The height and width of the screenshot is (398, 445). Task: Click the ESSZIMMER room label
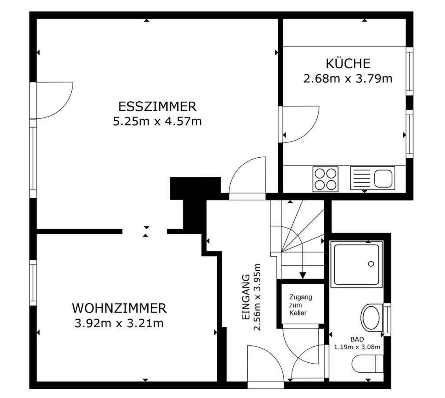click(157, 106)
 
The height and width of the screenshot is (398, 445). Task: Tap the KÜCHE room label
click(348, 63)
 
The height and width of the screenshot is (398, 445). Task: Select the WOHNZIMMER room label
click(119, 308)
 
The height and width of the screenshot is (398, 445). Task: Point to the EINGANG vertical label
click(246, 298)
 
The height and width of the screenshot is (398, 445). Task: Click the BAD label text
click(357, 339)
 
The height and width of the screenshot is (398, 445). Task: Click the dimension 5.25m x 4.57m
click(157, 121)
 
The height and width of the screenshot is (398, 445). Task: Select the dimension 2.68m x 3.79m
click(348, 79)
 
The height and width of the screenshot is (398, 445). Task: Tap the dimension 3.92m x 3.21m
click(119, 323)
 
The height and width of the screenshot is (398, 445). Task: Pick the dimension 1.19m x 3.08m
click(357, 347)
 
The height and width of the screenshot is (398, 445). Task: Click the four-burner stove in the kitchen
click(325, 179)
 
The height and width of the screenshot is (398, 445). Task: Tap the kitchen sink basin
click(383, 178)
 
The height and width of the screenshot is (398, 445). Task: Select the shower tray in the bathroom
click(357, 264)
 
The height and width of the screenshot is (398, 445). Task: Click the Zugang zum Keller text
click(301, 305)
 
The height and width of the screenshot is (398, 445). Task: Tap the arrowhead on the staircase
click(303, 275)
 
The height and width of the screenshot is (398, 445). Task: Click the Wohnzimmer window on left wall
click(33, 282)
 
